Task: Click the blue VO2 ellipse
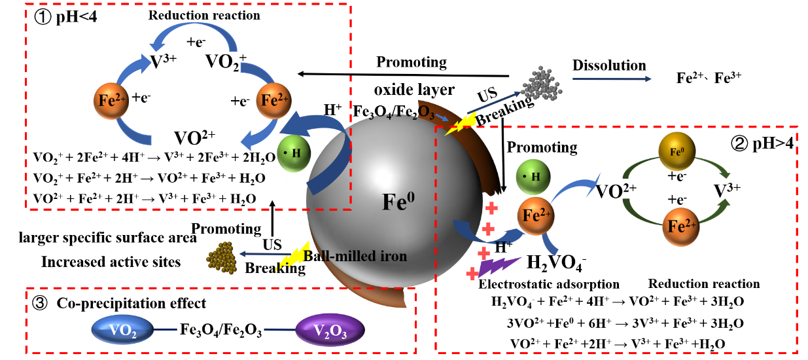tap(122, 329)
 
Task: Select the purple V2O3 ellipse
tap(330, 330)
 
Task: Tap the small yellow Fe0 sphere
tap(676, 151)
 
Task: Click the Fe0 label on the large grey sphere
tap(398, 202)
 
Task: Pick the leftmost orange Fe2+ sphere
tap(111, 101)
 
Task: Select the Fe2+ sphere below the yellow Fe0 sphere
tap(680, 226)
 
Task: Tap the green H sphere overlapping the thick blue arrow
tap(294, 153)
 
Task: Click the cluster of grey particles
tap(542, 84)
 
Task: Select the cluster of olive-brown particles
tap(222, 257)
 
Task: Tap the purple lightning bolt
tap(499, 265)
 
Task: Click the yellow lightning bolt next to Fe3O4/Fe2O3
tap(461, 124)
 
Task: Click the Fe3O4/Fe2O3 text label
tap(393, 112)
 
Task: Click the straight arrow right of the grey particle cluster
tap(612, 79)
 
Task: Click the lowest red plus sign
tap(472, 274)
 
